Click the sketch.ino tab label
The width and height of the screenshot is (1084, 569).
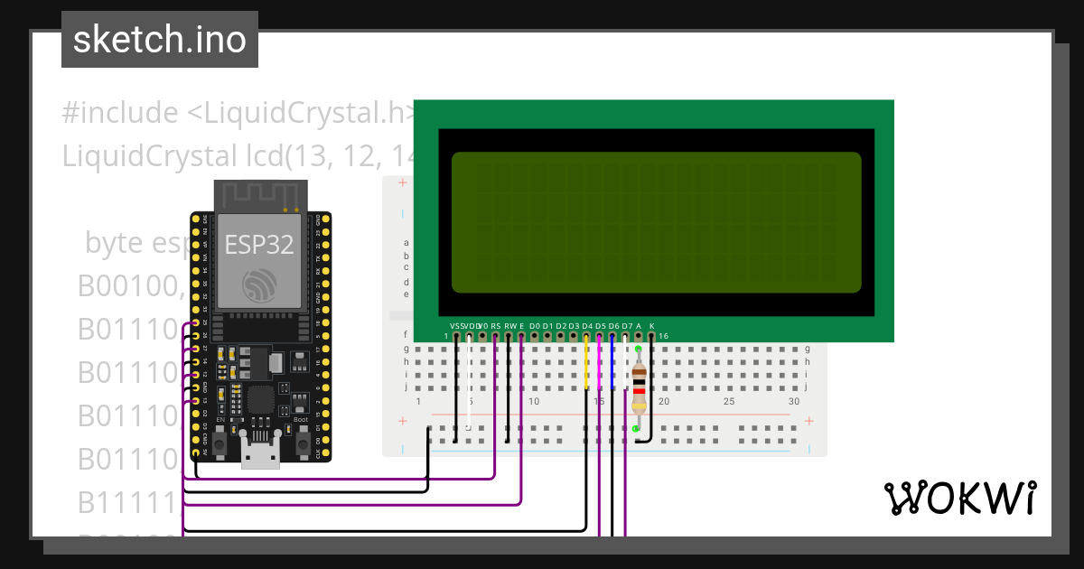click(160, 40)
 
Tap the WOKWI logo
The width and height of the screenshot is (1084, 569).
click(959, 498)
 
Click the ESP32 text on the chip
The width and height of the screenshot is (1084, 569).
click(257, 244)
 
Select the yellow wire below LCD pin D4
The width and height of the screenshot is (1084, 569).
click(587, 366)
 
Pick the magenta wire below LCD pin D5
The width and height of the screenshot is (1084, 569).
click(600, 366)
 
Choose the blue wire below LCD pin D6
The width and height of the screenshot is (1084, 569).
click(613, 366)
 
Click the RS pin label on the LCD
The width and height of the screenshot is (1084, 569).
click(495, 325)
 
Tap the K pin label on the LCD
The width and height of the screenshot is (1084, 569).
click(652, 325)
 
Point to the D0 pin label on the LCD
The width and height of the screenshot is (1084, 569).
click(535, 325)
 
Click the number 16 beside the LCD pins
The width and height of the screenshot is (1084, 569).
click(664, 337)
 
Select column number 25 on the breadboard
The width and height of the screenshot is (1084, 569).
click(729, 401)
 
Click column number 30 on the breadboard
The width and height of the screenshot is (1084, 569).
click(794, 401)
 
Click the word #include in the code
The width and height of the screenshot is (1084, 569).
click(120, 113)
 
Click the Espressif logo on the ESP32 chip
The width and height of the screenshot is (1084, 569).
click(258, 285)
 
